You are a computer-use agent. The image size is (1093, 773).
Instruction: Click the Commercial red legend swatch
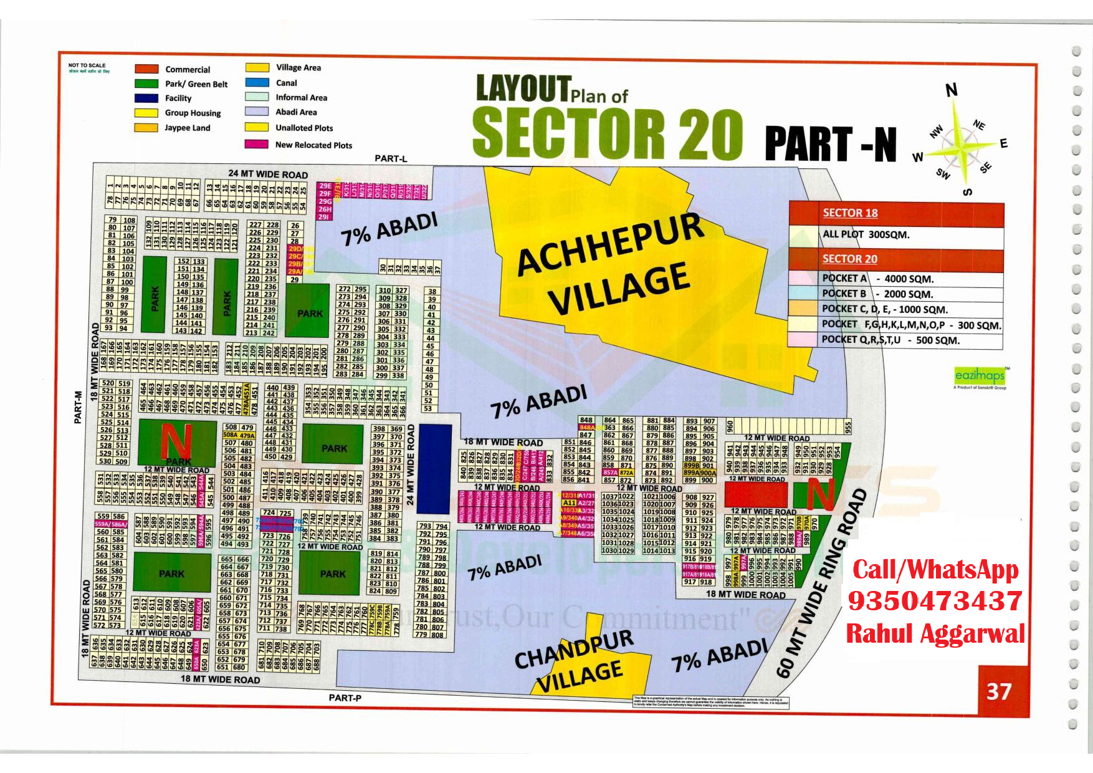pyautogui.click(x=146, y=69)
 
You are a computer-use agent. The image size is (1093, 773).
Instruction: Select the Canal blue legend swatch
pyautogui.click(x=257, y=82)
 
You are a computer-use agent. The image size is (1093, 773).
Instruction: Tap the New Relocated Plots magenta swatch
pyautogui.click(x=256, y=144)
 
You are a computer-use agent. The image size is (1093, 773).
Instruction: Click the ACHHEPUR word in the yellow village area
pyautogui.click(x=609, y=242)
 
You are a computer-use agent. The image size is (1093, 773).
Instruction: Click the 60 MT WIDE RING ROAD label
pyautogui.click(x=823, y=583)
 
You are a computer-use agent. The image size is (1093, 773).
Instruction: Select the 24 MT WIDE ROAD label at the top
pyautogui.click(x=268, y=175)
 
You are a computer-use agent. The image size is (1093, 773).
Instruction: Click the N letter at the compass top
pyautogui.click(x=951, y=90)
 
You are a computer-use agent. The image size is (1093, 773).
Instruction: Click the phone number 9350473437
pyautogui.click(x=935, y=601)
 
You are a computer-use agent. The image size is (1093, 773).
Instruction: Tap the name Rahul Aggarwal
pyautogui.click(x=935, y=633)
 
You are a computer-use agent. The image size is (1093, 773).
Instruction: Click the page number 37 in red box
pyautogui.click(x=998, y=691)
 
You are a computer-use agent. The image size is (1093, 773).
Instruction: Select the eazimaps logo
pyautogui.click(x=980, y=375)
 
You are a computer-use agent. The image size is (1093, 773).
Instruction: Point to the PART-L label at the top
pyautogui.click(x=391, y=158)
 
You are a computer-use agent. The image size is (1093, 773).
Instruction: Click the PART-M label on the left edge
pyautogui.click(x=78, y=407)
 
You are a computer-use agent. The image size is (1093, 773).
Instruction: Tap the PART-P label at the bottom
pyautogui.click(x=345, y=698)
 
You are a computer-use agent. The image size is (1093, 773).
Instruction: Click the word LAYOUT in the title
pyautogui.click(x=523, y=89)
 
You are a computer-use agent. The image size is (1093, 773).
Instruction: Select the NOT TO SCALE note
pyautogui.click(x=87, y=65)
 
